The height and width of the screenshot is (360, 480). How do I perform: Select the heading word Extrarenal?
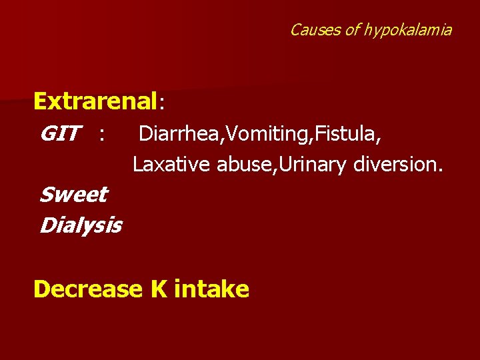pyautogui.click(x=95, y=101)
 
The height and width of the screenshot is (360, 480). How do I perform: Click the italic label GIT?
pyautogui.click(x=61, y=135)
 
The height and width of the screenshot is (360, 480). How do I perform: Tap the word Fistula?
pyautogui.click(x=349, y=135)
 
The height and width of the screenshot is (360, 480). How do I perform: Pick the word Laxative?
pyautogui.click(x=172, y=163)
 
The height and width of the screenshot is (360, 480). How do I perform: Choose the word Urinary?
pyautogui.click(x=314, y=164)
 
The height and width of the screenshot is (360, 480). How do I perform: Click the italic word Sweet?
pyautogui.click(x=73, y=195)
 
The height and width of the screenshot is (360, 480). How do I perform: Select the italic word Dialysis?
pyautogui.click(x=80, y=226)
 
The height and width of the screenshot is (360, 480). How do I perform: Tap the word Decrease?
pyautogui.click(x=88, y=289)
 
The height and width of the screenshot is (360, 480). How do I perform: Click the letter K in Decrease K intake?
pyautogui.click(x=158, y=289)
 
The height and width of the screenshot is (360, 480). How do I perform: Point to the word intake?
pyautogui.click(x=211, y=289)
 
